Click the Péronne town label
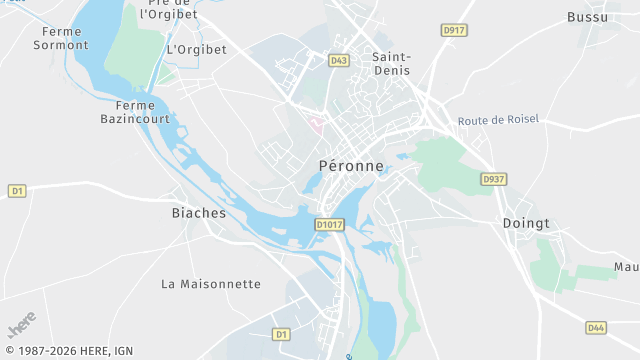pyautogui.click(x=350, y=166)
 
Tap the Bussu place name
pyautogui.click(x=586, y=17)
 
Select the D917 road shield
pyautogui.click(x=454, y=31)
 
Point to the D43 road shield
pyautogui.click(x=338, y=61)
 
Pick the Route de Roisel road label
pyautogui.click(x=498, y=120)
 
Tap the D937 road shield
pyautogui.click(x=491, y=179)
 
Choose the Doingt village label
pyautogui.click(x=526, y=223)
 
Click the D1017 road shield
pyautogui.click(x=329, y=225)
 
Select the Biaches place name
pyautogui.click(x=199, y=213)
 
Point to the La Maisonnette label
pyautogui.click(x=211, y=284)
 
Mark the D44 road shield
pyautogui.click(x=596, y=327)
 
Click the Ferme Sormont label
pyautogui.click(x=60, y=38)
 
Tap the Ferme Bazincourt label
pyautogui.click(x=136, y=112)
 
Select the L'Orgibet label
pyautogui.click(x=197, y=49)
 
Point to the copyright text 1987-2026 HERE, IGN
pyautogui.click(x=68, y=351)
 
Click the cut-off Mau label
pyautogui.click(x=626, y=268)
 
